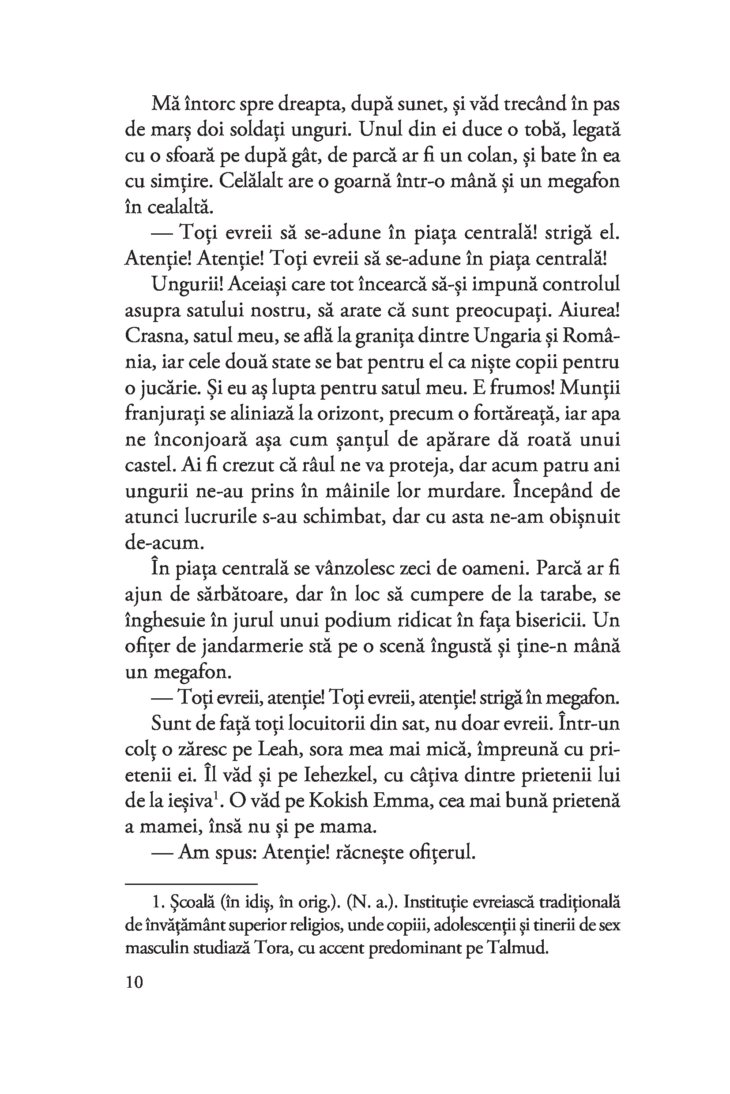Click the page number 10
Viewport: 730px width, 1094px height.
point(135,982)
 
